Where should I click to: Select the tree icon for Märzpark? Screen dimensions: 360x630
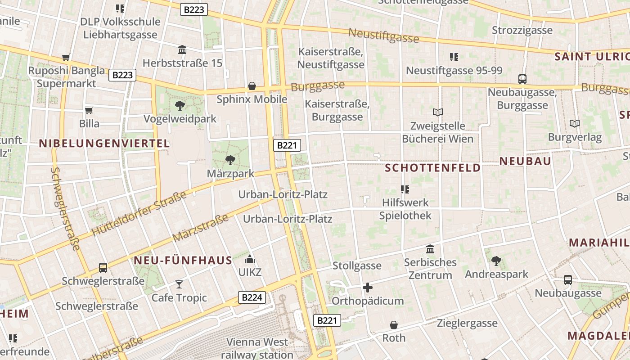click(x=230, y=160)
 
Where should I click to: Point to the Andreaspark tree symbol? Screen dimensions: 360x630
click(x=496, y=261)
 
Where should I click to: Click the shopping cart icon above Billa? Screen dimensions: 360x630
click(x=89, y=110)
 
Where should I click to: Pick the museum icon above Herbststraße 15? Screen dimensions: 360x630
click(x=182, y=49)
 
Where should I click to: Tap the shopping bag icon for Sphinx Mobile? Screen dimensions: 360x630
click(x=252, y=86)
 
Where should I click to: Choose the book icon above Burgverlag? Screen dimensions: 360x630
click(x=575, y=123)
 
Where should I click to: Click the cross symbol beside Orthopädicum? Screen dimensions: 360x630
click(x=368, y=288)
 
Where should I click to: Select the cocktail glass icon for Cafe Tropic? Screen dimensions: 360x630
click(x=179, y=284)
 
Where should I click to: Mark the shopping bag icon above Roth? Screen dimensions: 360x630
click(x=394, y=324)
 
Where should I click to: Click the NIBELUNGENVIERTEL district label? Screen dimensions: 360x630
click(x=104, y=144)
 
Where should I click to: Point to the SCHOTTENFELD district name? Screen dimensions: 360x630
click(x=433, y=168)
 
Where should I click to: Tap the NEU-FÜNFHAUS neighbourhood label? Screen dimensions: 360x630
click(x=183, y=260)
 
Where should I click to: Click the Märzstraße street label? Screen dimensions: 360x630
click(x=201, y=228)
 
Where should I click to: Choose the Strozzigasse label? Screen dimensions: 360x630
click(x=522, y=30)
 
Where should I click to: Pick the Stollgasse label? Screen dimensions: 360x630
click(x=357, y=266)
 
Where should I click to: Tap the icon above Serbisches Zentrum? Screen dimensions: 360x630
click(x=430, y=249)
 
